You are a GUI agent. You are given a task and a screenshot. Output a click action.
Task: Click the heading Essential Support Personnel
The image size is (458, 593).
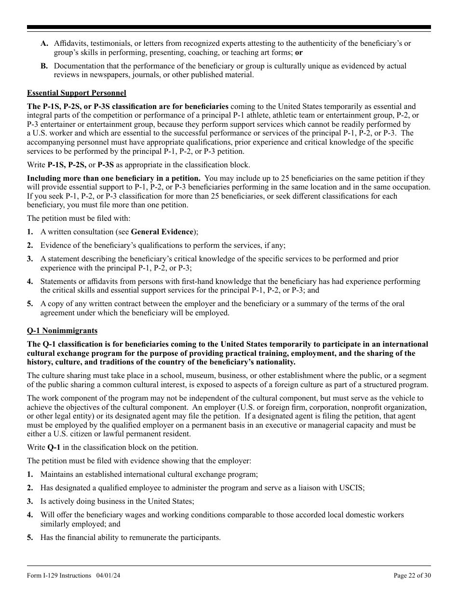point(76,93)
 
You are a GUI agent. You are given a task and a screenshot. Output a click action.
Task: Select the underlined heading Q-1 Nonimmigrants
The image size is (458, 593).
point(62,331)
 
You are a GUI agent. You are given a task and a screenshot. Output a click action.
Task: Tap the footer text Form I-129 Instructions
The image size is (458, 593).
point(59,575)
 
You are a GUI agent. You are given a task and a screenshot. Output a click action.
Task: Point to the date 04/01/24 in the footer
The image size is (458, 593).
point(108,575)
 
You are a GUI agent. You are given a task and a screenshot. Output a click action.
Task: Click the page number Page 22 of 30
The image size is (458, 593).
point(412,575)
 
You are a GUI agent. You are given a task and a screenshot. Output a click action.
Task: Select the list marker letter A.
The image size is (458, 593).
point(44,43)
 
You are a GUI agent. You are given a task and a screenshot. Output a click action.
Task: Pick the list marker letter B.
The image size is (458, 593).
point(44,66)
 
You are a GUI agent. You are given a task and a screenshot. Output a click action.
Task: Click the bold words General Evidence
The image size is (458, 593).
point(162,232)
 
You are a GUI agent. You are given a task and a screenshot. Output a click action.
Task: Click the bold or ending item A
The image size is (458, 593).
point(299,53)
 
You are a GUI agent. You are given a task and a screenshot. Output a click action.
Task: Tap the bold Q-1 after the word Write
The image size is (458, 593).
point(54,447)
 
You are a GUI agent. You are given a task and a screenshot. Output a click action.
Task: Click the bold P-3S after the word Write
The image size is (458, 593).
point(106,165)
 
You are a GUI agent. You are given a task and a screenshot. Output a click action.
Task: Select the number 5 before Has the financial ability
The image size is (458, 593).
point(30,538)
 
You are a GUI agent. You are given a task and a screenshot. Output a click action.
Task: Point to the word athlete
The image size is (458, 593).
point(288,115)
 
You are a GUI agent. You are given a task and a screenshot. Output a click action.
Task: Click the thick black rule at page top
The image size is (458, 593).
point(229,27)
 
